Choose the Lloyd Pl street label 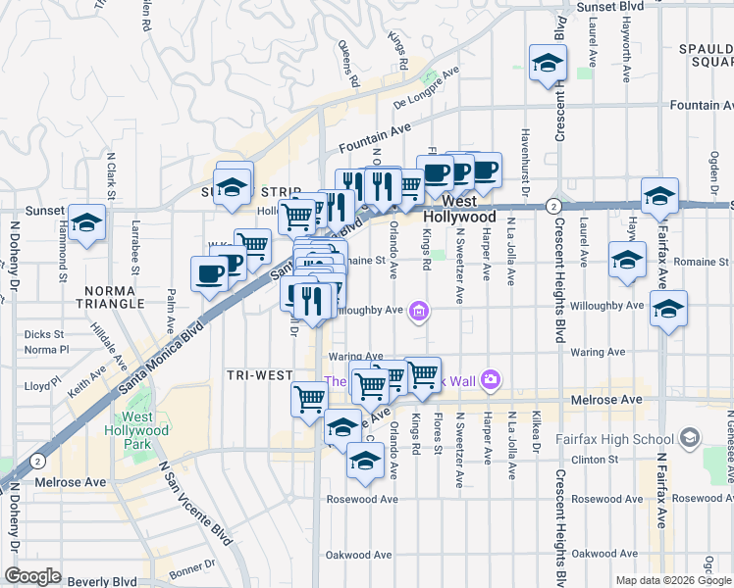pyautogui.click(x=42, y=386)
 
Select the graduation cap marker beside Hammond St pyautogui.click(x=87, y=223)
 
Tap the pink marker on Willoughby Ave pyautogui.click(x=419, y=312)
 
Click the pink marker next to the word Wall pyautogui.click(x=492, y=379)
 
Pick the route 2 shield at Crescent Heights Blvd pyautogui.click(x=554, y=206)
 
